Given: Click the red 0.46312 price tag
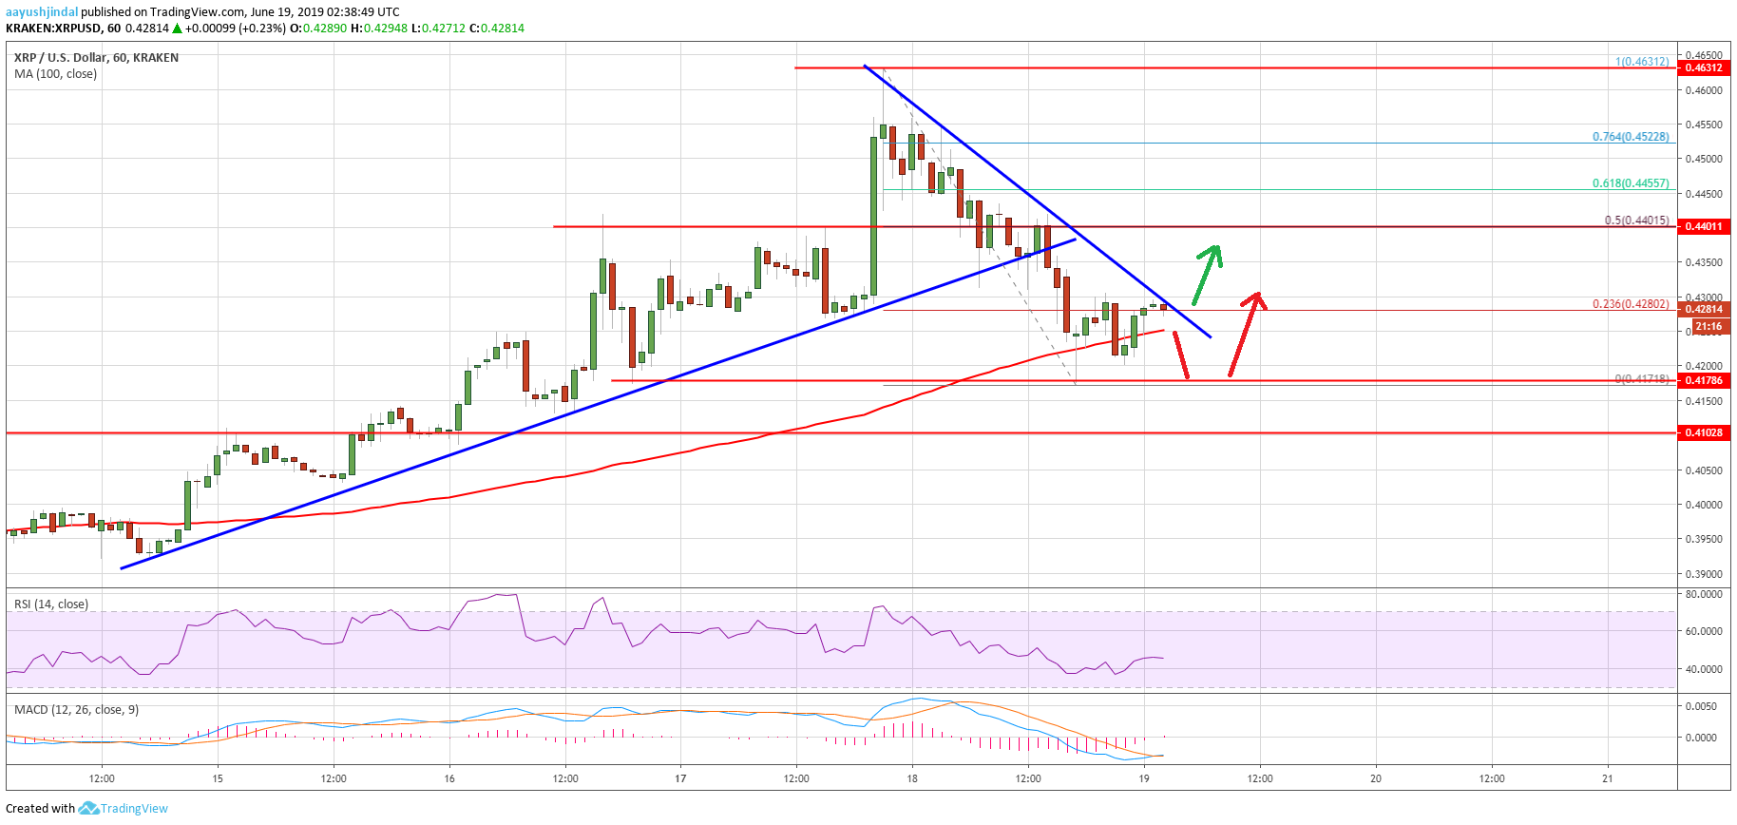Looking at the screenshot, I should click(x=1703, y=67).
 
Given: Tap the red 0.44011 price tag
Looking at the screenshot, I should click(x=1703, y=226).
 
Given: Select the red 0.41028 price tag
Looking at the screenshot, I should click(x=1703, y=432).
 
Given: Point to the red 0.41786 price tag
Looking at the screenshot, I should click(x=1703, y=380).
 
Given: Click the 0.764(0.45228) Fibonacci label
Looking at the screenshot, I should click(x=1630, y=137).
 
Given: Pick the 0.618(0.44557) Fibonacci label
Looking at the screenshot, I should click(x=1630, y=183).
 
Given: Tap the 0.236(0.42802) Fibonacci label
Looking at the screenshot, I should click(x=1630, y=304).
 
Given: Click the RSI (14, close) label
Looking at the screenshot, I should click(x=51, y=604).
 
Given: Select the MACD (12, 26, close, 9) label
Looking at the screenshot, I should click(x=76, y=709).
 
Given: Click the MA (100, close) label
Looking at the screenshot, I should click(x=55, y=73).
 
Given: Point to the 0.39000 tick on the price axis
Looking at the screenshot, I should click(x=1703, y=574).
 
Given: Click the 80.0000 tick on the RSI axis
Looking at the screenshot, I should click(x=1703, y=594).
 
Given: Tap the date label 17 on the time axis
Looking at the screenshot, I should click(x=680, y=778).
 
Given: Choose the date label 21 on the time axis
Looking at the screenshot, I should click(x=1608, y=778).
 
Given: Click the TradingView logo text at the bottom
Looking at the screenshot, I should click(x=134, y=809).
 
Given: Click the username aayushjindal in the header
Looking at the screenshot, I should click(x=42, y=12).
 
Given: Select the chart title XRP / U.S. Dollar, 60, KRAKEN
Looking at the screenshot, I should click(x=96, y=57).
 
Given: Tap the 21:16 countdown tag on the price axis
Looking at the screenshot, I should click(x=1708, y=326).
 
